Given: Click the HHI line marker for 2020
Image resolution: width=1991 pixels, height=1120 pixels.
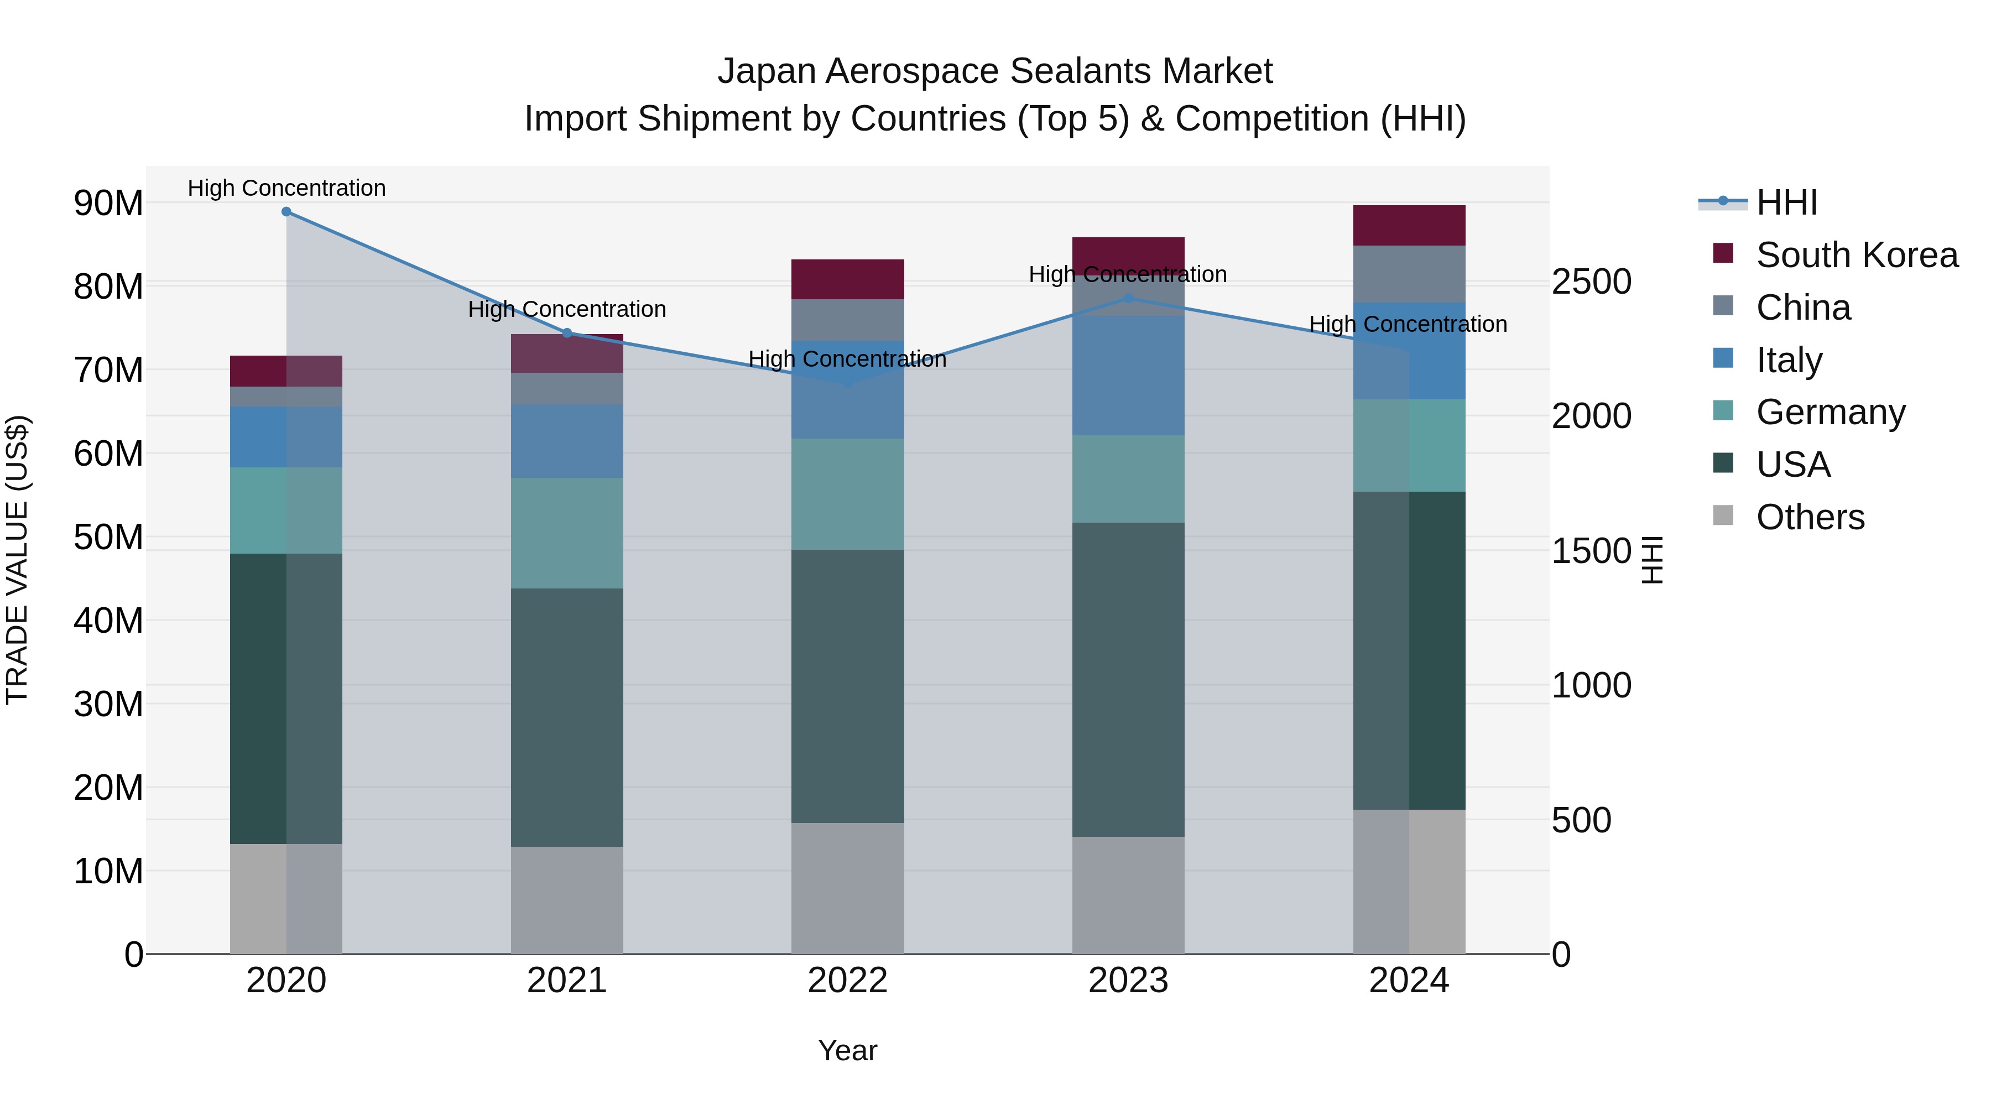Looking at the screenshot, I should pos(286,212).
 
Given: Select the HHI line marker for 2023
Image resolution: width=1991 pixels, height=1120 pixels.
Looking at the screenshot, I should pos(1128,298).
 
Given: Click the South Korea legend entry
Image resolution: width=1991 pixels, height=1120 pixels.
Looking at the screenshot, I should pos(1856,255).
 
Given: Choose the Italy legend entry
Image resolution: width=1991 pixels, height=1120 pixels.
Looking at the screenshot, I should pos(1789,360).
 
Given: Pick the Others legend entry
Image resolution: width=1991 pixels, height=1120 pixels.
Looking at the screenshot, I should pos(1810,517).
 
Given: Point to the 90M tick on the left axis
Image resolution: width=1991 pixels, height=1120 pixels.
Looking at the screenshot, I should pos(108,204).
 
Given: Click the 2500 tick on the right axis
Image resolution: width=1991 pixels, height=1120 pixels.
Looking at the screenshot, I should pos(1591,282).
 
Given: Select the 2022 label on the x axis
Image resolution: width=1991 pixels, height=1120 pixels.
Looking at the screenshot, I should pos(847,981).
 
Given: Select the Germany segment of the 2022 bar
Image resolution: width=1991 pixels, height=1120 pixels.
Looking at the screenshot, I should pos(847,494).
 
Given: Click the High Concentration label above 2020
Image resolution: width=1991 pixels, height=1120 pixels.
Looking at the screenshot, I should pos(286,188).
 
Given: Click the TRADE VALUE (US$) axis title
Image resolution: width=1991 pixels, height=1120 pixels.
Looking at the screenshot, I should pos(17,560).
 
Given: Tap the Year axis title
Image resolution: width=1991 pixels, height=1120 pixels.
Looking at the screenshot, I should pos(847,1050).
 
